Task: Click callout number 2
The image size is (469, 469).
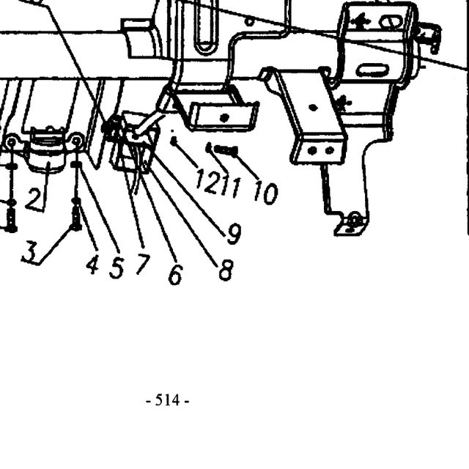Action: pos(33,199)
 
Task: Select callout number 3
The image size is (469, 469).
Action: pos(30,252)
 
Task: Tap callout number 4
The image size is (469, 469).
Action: pos(92,264)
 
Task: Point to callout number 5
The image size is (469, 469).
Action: pos(117,267)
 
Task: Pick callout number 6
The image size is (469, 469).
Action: pos(175,274)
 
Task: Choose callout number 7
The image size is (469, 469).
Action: pos(143,263)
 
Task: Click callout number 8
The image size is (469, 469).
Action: pos(226,270)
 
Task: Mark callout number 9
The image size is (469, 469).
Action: pos(234,234)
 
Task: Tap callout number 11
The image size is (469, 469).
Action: pos(231,187)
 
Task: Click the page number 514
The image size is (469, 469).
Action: pos(168,400)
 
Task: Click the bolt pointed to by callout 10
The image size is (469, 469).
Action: pos(226,149)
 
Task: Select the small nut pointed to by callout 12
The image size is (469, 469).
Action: pos(174,141)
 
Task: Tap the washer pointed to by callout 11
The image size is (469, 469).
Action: pos(209,147)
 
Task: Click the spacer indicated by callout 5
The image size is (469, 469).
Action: pos(76,164)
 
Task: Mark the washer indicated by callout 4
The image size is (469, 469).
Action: pos(76,202)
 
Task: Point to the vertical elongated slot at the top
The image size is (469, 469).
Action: pos(206,26)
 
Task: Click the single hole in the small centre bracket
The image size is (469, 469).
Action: pos(224,118)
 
